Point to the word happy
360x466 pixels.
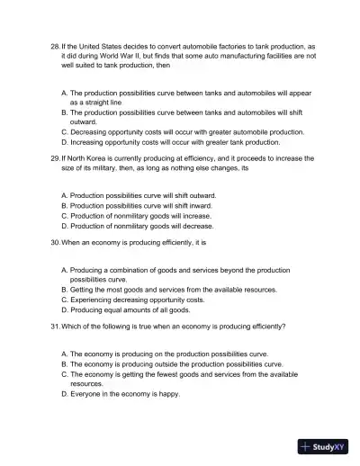169,394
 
